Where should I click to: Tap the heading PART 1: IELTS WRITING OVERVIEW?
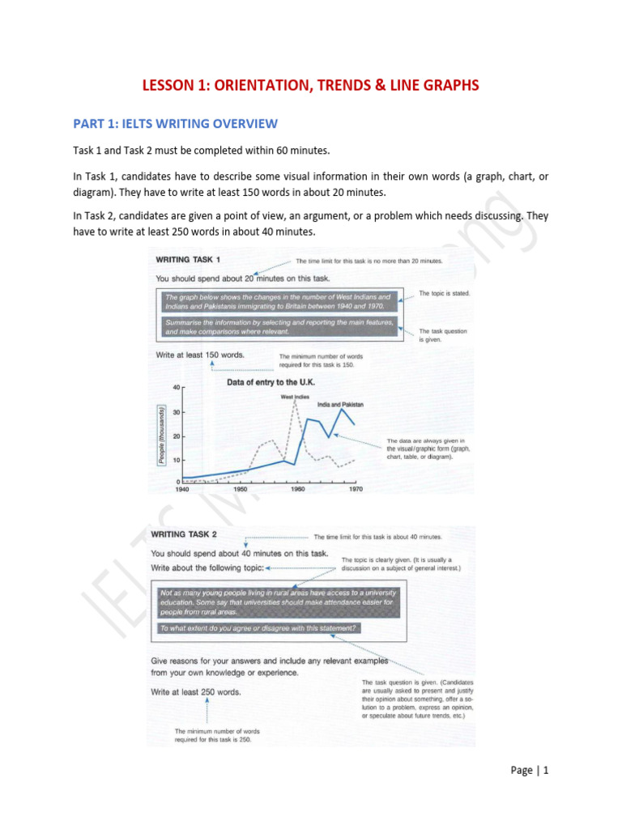click(x=175, y=124)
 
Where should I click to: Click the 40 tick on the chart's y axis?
click(x=177, y=388)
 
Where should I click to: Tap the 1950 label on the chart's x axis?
click(x=241, y=489)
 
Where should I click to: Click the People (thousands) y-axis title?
click(x=161, y=435)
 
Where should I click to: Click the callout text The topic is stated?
click(x=444, y=292)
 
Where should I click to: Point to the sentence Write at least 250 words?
click(x=195, y=692)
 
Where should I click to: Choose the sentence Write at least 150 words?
click(x=199, y=355)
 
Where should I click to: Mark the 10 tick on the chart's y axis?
click(x=177, y=460)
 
